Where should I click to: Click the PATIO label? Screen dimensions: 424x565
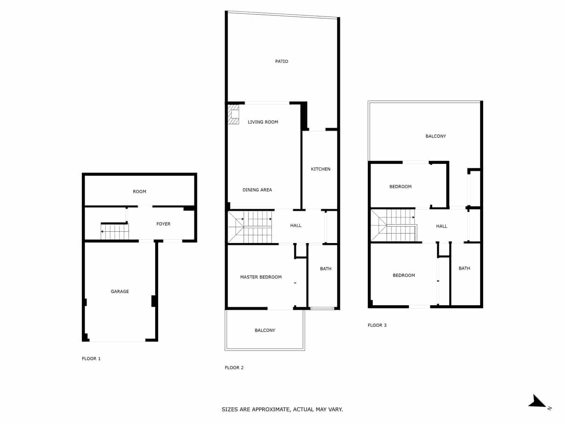click(x=281, y=61)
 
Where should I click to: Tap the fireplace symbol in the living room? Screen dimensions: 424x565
click(x=233, y=114)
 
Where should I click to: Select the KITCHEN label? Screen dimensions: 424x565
click(x=321, y=169)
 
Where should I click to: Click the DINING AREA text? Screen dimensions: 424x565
click(x=257, y=190)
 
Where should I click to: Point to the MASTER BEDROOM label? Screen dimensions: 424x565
click(x=261, y=277)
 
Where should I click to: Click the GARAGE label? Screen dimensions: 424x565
click(x=120, y=291)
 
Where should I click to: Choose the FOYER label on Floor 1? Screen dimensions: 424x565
click(x=163, y=224)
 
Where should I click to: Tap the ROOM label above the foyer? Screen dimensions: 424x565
click(x=139, y=192)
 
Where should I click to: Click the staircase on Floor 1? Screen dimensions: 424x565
click(x=115, y=232)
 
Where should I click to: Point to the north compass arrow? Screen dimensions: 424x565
click(x=538, y=402)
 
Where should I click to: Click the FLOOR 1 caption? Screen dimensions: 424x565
click(x=91, y=359)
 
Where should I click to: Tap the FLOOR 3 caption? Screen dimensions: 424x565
click(x=377, y=325)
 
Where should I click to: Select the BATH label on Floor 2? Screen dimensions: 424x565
click(x=326, y=269)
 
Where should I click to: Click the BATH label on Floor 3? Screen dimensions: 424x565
click(x=464, y=269)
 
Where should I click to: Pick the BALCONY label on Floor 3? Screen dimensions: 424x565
click(x=435, y=136)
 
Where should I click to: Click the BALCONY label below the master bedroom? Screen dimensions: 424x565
click(x=265, y=330)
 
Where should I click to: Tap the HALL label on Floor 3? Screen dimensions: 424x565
click(x=441, y=226)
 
